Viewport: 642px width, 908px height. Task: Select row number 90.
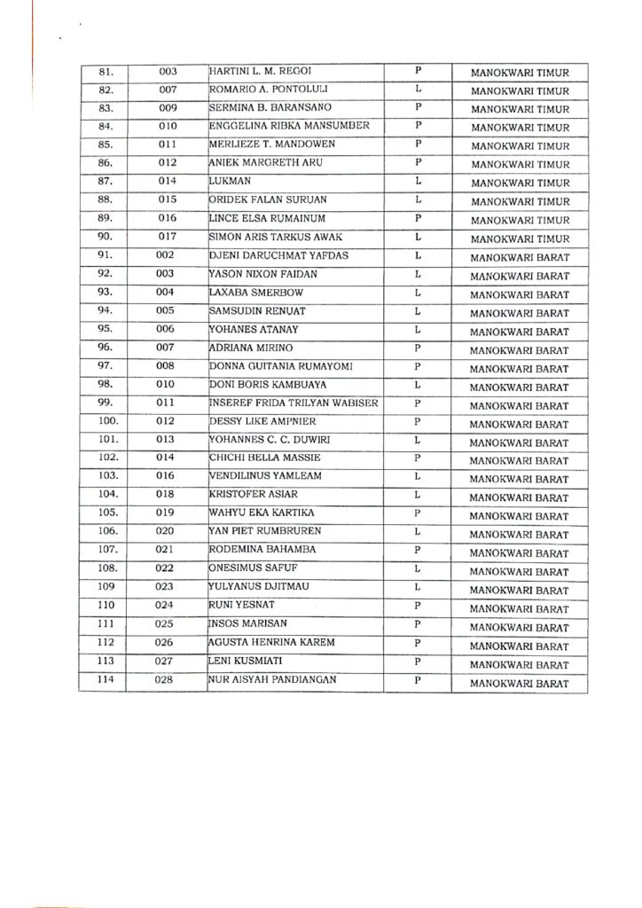coord(105,237)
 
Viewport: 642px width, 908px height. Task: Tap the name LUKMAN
coord(230,181)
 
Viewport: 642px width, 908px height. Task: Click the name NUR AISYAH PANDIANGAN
coord(276,680)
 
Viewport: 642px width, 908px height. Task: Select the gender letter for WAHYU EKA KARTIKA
coord(417,513)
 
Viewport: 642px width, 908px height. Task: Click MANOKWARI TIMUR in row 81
coord(520,72)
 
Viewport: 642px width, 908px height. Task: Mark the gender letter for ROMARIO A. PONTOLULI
coord(417,89)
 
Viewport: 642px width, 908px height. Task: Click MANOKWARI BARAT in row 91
coord(520,258)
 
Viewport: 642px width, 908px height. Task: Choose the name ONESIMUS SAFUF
coord(247,569)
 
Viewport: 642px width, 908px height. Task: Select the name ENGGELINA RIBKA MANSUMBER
coord(283,126)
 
